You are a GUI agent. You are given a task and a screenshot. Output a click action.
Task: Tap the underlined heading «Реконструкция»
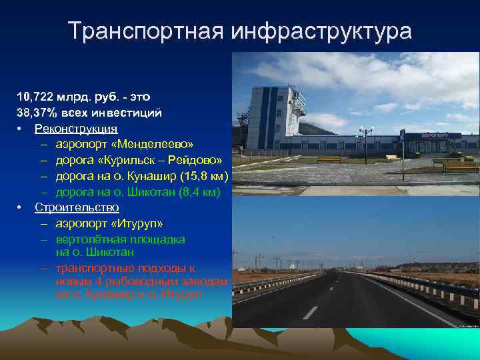(76, 129)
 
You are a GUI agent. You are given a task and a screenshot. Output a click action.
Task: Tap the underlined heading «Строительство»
(77, 207)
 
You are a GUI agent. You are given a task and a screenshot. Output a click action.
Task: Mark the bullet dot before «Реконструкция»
(21, 129)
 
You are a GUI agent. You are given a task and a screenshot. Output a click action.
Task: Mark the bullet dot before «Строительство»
(21, 208)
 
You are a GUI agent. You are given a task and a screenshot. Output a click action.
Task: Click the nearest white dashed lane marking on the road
(310, 312)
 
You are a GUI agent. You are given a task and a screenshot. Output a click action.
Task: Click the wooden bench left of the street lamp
(329, 159)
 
